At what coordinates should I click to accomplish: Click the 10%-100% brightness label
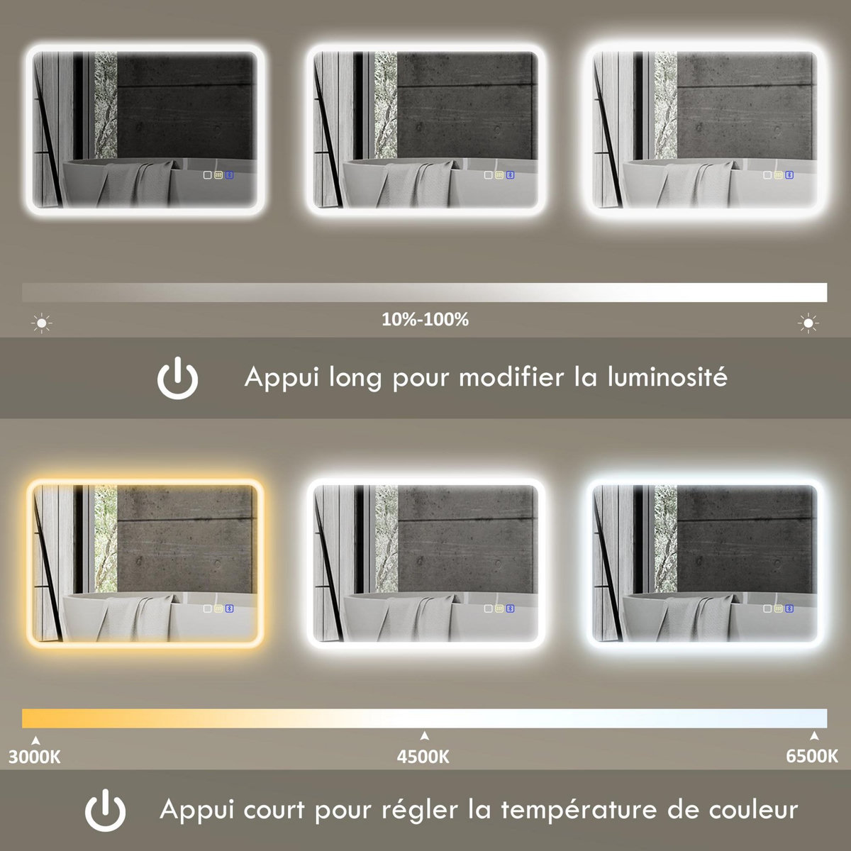tap(425, 320)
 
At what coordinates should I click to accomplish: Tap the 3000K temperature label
tap(35, 757)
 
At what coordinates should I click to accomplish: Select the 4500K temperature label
tap(423, 757)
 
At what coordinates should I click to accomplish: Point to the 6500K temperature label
tap(812, 757)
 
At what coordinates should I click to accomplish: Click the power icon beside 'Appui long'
tap(177, 378)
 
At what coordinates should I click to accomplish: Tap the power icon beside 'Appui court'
tap(106, 811)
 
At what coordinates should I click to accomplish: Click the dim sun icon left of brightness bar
tap(42, 324)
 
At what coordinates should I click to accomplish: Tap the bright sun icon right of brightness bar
tap(808, 324)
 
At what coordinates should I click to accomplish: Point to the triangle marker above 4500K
tap(424, 735)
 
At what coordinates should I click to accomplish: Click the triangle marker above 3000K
tap(35, 740)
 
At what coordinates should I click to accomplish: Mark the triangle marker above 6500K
tap(814, 735)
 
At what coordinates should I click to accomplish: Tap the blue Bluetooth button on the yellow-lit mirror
tap(229, 608)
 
